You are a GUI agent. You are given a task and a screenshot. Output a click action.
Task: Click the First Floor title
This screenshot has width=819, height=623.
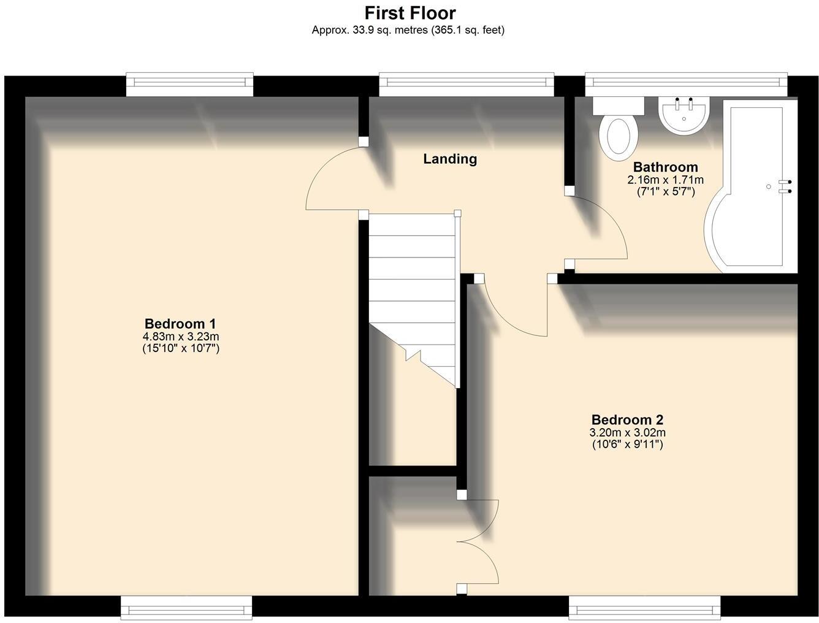[409, 12]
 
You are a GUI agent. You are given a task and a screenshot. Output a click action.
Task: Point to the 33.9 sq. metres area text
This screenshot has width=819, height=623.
[408, 29]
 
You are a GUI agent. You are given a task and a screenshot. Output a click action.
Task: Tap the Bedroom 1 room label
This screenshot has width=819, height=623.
[180, 323]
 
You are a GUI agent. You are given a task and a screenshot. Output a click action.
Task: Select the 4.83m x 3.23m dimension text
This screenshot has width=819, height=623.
[180, 337]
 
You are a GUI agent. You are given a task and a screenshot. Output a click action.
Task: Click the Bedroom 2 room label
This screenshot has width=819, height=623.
[627, 420]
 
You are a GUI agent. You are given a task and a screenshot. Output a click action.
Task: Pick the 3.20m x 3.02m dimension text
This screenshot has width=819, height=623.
[627, 433]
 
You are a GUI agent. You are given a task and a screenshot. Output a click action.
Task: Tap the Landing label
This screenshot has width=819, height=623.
[450, 159]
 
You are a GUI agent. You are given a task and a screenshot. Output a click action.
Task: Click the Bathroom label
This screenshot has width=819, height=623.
[665, 167]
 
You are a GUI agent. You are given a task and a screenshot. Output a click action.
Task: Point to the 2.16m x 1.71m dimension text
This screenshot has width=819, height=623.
[665, 180]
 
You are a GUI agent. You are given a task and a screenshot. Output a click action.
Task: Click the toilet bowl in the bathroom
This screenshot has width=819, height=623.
[618, 136]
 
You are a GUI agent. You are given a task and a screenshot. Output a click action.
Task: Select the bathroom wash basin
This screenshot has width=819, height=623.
[684, 115]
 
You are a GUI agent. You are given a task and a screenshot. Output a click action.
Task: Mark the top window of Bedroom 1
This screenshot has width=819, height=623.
[189, 84]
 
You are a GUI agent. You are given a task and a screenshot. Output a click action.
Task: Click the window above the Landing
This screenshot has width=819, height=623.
[467, 84]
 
